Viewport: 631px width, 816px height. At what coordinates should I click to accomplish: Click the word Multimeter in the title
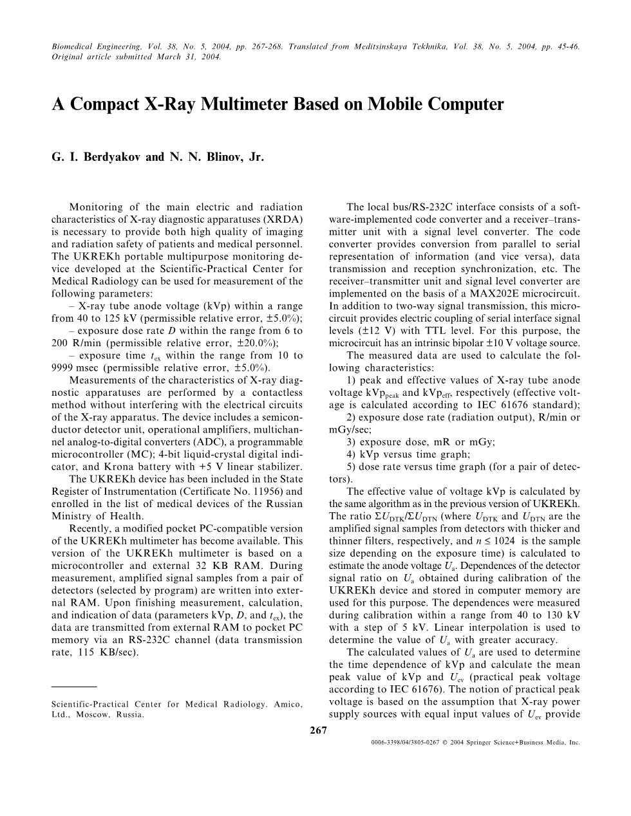pyautogui.click(x=263, y=104)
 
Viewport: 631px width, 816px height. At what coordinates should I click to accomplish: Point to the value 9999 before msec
pyautogui.click(x=62, y=367)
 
